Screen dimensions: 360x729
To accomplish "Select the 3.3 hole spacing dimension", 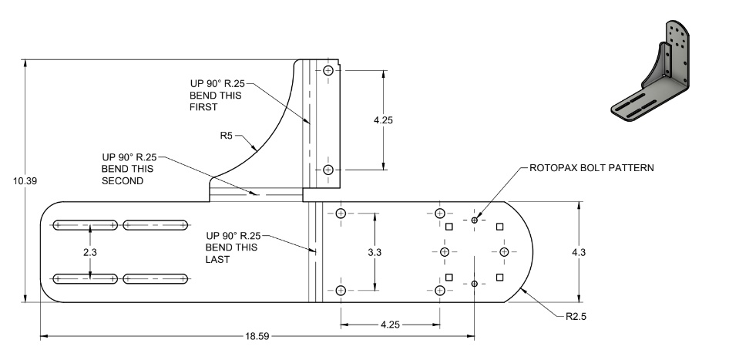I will [382, 252].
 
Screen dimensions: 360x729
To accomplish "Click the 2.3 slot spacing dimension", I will [91, 252].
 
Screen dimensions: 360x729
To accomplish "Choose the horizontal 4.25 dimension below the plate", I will [391, 325].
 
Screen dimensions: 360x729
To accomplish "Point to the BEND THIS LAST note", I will [231, 247].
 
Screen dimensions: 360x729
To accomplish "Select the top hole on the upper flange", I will [328, 71].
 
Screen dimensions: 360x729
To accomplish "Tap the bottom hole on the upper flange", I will [328, 170].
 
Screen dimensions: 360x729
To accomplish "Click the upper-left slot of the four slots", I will [84, 225].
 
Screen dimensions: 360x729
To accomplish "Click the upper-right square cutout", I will [499, 227].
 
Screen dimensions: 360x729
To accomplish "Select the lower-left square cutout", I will [448, 277].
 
